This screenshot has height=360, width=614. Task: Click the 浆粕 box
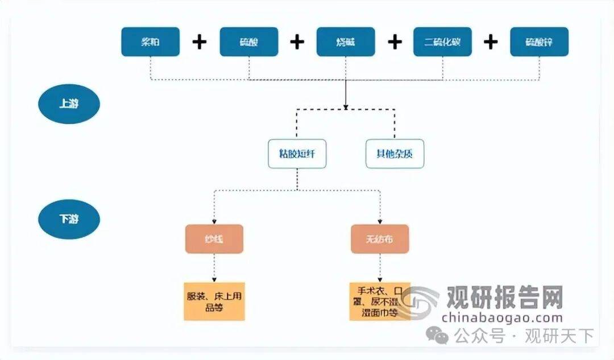pos(150,42)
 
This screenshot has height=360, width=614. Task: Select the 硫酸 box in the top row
pos(249,42)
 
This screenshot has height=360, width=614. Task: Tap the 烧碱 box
pos(346,42)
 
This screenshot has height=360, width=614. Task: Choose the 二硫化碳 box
pos(442,42)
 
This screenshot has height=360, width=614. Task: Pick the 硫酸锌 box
pos(539,42)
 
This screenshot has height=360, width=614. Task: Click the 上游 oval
pos(69,105)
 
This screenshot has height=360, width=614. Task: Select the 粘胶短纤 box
pos(297,154)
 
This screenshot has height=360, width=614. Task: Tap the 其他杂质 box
pos(395,154)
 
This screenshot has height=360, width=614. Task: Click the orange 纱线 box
pos(214,239)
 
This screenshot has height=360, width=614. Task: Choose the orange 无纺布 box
pos(379,239)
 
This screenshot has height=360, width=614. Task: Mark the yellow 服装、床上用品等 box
pos(214,301)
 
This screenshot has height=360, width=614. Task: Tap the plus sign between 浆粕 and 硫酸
pos(199,42)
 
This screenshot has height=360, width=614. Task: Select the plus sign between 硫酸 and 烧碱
pos(297,42)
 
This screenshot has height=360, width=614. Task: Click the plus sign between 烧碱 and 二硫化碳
pos(395,42)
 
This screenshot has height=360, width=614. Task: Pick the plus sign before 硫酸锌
pos(491,42)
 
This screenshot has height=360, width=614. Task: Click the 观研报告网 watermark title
pos(504,297)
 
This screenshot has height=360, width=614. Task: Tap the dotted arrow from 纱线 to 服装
pos(214,267)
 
